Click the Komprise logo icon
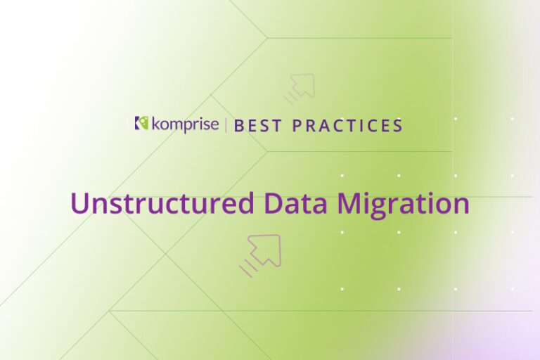click(141, 124)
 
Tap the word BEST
click(258, 126)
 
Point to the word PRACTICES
click(347, 126)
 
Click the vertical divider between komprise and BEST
click(226, 125)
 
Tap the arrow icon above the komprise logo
click(302, 87)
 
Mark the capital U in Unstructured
click(80, 203)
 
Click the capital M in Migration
click(349, 203)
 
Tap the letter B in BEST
click(239, 126)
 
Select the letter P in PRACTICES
click(297, 126)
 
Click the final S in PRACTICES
click(397, 126)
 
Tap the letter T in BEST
click(277, 126)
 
